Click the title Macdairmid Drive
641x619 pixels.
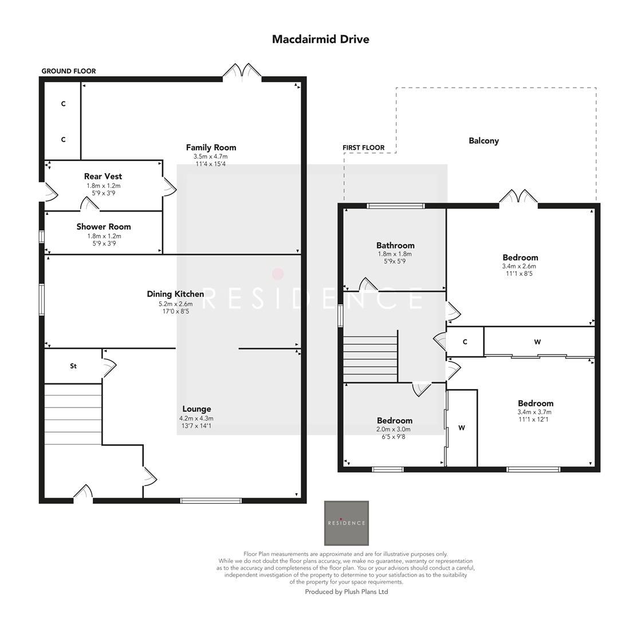tap(320, 40)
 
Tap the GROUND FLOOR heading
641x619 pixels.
tap(68, 71)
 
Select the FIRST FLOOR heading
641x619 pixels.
tap(363, 148)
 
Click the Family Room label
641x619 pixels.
tap(211, 147)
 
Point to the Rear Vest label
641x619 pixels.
tap(103, 177)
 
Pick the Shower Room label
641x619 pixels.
tap(104, 227)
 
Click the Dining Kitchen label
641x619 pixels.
tap(175, 294)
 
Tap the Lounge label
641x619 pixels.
tap(196, 409)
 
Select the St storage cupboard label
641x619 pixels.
tap(73, 366)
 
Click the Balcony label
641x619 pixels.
tap(483, 141)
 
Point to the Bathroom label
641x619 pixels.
tap(395, 245)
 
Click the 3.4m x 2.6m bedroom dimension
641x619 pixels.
tap(520, 266)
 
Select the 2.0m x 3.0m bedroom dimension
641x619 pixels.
tap(394, 429)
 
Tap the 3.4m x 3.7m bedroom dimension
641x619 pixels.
tap(535, 412)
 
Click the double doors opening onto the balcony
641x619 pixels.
tap(518, 197)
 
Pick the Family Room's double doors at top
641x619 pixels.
tap(242, 71)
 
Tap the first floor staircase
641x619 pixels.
tap(370, 359)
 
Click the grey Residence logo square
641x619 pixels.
tap(346, 523)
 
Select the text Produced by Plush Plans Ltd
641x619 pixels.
tap(346, 591)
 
